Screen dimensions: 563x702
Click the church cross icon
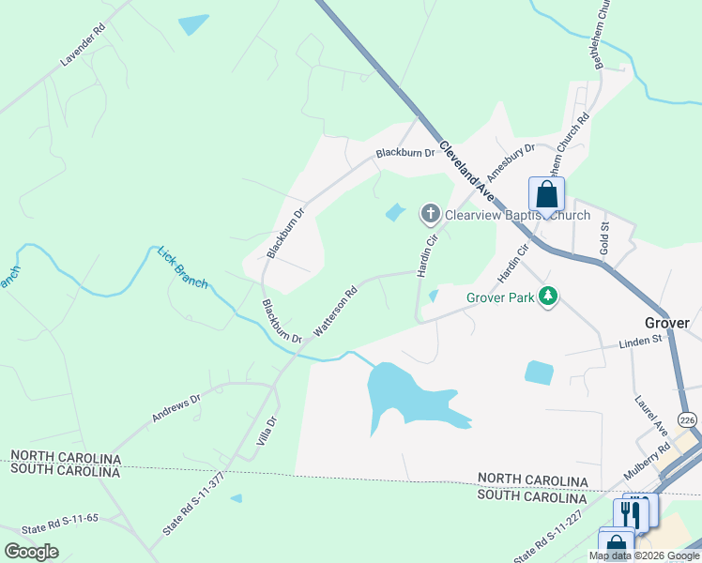431,214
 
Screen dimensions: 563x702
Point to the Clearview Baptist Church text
517,215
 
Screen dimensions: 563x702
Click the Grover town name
667,323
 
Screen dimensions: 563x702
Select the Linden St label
615,344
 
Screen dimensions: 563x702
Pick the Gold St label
604,239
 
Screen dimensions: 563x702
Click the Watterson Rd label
335,312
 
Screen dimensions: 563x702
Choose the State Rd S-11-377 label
193,504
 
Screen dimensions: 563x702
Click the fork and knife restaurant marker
629,513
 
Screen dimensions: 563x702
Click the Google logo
31,552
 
